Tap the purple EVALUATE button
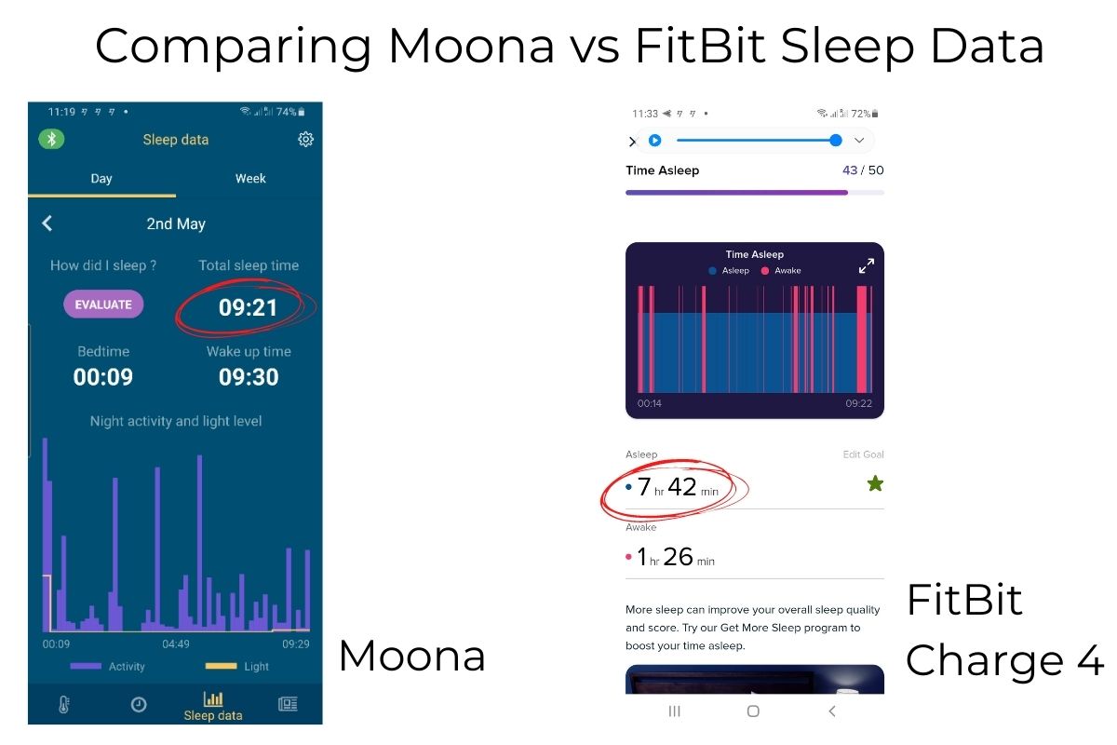103,304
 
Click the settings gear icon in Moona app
305,139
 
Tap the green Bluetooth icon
51,139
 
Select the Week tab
250,178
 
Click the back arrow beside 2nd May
47,223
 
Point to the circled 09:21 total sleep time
248,307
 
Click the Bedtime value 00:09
103,377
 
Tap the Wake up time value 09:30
249,377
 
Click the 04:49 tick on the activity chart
176,643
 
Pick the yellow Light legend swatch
221,666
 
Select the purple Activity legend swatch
86,666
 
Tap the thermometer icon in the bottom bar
64,705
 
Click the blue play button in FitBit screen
654,141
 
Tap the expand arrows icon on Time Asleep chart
867,265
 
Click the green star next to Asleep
875,483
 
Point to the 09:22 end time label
858,403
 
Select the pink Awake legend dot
764,270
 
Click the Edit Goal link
863,454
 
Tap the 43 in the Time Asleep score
850,170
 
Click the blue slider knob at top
836,141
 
